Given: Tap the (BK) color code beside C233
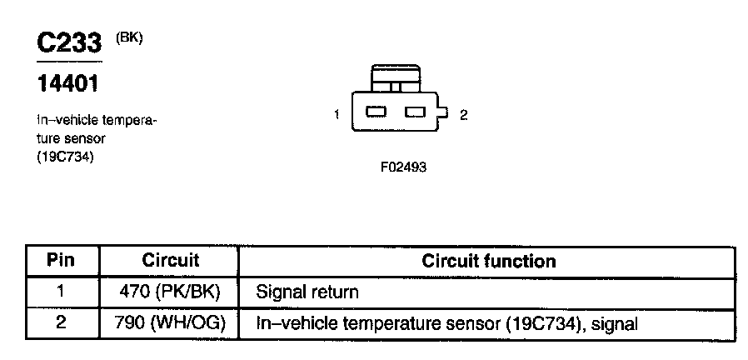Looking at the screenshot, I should [x=131, y=37].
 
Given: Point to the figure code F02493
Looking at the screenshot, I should [x=404, y=167].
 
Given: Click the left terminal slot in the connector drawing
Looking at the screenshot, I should [x=376, y=112].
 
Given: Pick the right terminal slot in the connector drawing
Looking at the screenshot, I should [x=415, y=112].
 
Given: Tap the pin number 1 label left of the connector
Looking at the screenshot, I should [x=337, y=114].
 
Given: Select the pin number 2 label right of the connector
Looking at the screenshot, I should [x=463, y=115].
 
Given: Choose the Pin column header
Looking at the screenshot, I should [x=60, y=261].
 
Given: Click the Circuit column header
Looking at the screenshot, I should [x=170, y=261].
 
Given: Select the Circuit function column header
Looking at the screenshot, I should [x=488, y=261].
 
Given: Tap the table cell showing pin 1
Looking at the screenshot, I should [x=60, y=292].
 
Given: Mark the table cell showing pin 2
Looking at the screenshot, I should [x=60, y=322].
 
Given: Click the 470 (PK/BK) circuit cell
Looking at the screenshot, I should [x=170, y=292].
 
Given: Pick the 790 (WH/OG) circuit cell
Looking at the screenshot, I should [x=170, y=322].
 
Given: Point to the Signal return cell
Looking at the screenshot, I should [x=307, y=292].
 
